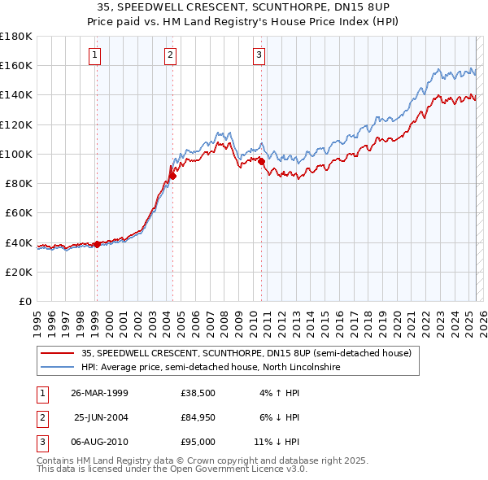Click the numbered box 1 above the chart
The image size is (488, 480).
tap(95, 55)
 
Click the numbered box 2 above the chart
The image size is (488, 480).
tap(170, 55)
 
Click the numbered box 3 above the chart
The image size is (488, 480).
tap(259, 55)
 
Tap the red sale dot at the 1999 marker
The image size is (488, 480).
tap(97, 244)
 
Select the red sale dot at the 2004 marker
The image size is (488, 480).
tap(172, 176)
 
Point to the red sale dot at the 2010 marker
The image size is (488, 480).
tap(262, 161)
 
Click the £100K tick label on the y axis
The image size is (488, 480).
tap(15, 154)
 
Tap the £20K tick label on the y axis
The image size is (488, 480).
tap(18, 272)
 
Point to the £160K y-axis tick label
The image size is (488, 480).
tap(15, 65)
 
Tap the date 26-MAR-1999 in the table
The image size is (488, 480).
tap(100, 393)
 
